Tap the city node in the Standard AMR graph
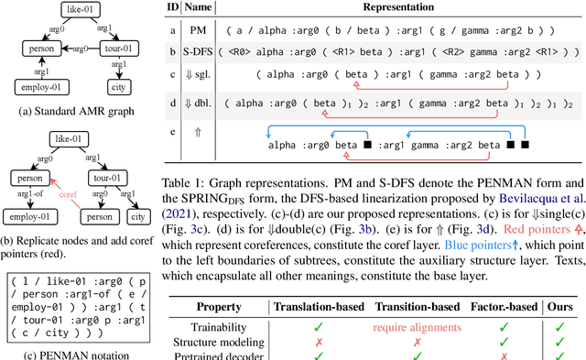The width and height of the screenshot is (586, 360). point(114,88)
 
